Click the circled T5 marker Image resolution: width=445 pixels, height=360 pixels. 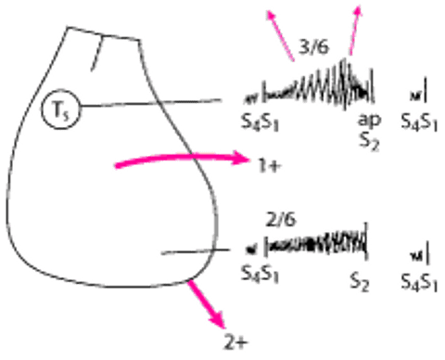pyautogui.click(x=60, y=109)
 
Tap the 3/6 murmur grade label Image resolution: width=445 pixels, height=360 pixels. pyautogui.click(x=313, y=47)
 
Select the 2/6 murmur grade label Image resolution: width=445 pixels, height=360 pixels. pyautogui.click(x=281, y=220)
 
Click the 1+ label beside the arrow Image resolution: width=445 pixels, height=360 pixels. pyautogui.click(x=270, y=166)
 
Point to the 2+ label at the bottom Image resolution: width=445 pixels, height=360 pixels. pyautogui.click(x=236, y=343)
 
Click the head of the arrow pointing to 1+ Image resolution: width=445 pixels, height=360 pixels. pyautogui.click(x=241, y=159)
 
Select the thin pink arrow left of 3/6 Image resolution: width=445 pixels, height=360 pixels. pyautogui.click(x=280, y=35)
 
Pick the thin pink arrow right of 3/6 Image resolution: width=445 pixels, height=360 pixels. pyautogui.click(x=355, y=30)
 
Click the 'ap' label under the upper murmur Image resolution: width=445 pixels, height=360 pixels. pyautogui.click(x=370, y=120)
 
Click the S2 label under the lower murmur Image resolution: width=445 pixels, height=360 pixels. pyautogui.click(x=360, y=282)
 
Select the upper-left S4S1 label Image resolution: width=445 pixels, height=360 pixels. pyautogui.click(x=261, y=122)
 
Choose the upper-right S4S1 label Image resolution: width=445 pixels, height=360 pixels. pyautogui.click(x=419, y=122)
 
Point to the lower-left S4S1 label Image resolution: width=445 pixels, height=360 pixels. pyautogui.click(x=261, y=274)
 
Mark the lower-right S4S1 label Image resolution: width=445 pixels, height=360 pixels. pyautogui.click(x=419, y=282)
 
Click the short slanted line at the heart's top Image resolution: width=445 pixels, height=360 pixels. pyautogui.click(x=96, y=54)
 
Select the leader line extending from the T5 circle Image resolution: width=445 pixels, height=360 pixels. pyautogui.click(x=150, y=103)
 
